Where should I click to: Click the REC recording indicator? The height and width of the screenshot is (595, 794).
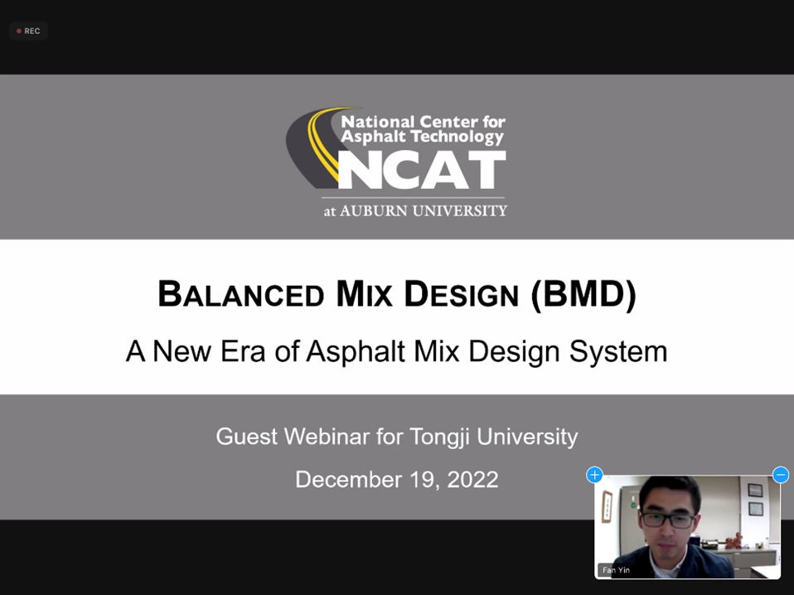pyautogui.click(x=28, y=31)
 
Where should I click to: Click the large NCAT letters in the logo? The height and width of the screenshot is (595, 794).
pyautogui.click(x=422, y=170)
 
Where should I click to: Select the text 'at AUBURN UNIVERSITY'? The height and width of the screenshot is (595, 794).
pyautogui.click(x=415, y=210)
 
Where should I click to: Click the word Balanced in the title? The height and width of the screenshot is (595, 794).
pyautogui.click(x=241, y=293)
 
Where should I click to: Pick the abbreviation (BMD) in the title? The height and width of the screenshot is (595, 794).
pyautogui.click(x=583, y=294)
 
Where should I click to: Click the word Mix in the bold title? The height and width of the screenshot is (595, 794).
pyautogui.click(x=364, y=293)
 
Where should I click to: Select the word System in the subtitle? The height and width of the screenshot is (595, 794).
pyautogui.click(x=618, y=352)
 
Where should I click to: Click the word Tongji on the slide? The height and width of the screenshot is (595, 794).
pyautogui.click(x=440, y=438)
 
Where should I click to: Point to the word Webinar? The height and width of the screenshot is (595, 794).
pyautogui.click(x=326, y=437)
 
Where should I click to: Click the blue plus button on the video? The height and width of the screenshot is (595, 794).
pyautogui.click(x=594, y=475)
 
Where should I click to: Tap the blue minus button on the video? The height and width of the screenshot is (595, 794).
pyautogui.click(x=781, y=475)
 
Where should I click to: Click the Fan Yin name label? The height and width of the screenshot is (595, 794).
pyautogui.click(x=616, y=570)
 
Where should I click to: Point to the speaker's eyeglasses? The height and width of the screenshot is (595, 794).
pyautogui.click(x=668, y=520)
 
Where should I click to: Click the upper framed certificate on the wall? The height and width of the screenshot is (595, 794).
pyautogui.click(x=755, y=491)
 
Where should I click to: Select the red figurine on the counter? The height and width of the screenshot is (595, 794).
pyautogui.click(x=732, y=542)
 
